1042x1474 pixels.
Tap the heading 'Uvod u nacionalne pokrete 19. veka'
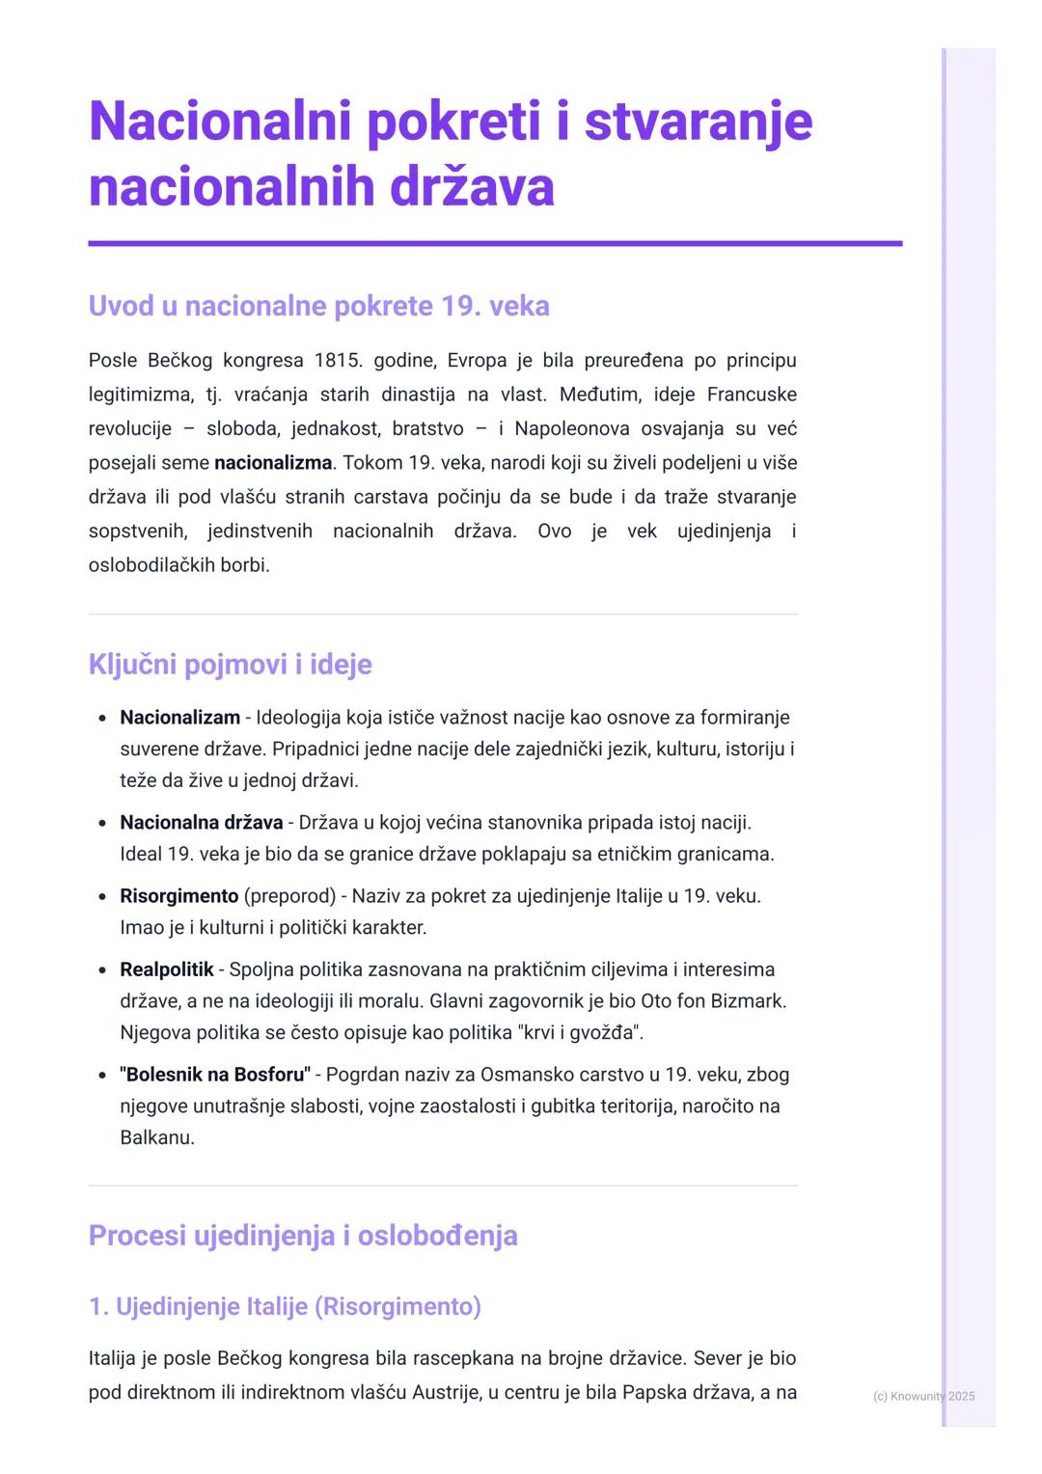tap(318, 306)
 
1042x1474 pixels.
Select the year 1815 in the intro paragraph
tap(337, 361)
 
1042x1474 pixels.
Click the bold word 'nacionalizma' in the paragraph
tap(273, 463)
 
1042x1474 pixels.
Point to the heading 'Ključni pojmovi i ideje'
tap(230, 665)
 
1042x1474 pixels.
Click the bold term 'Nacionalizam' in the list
tap(179, 718)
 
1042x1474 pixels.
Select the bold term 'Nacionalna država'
tap(201, 823)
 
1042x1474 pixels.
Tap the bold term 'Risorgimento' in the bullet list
tap(178, 896)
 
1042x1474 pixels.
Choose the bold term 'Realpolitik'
tap(166, 969)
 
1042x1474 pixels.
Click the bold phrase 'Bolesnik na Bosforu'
tap(214, 1075)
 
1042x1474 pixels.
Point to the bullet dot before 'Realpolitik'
tap(102, 970)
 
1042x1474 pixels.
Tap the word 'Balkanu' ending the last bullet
tap(156, 1137)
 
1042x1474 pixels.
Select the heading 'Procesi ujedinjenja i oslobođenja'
tap(303, 1236)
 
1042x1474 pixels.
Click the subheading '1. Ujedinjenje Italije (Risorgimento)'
tap(285, 1306)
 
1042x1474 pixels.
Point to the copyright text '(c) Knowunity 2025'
tap(923, 1396)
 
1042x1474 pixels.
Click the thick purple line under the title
tap(495, 244)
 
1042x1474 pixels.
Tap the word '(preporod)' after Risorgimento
tap(289, 896)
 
